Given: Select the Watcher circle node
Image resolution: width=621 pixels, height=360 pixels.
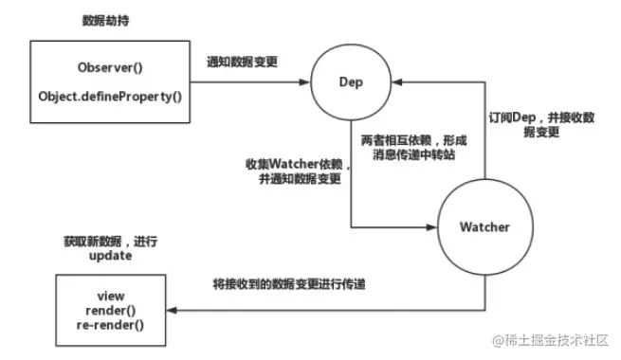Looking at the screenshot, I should click(484, 227).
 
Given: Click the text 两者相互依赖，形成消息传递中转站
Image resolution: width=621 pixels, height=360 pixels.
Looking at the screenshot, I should click(410, 147).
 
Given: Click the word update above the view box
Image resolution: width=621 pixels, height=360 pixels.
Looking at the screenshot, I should click(103, 257).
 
